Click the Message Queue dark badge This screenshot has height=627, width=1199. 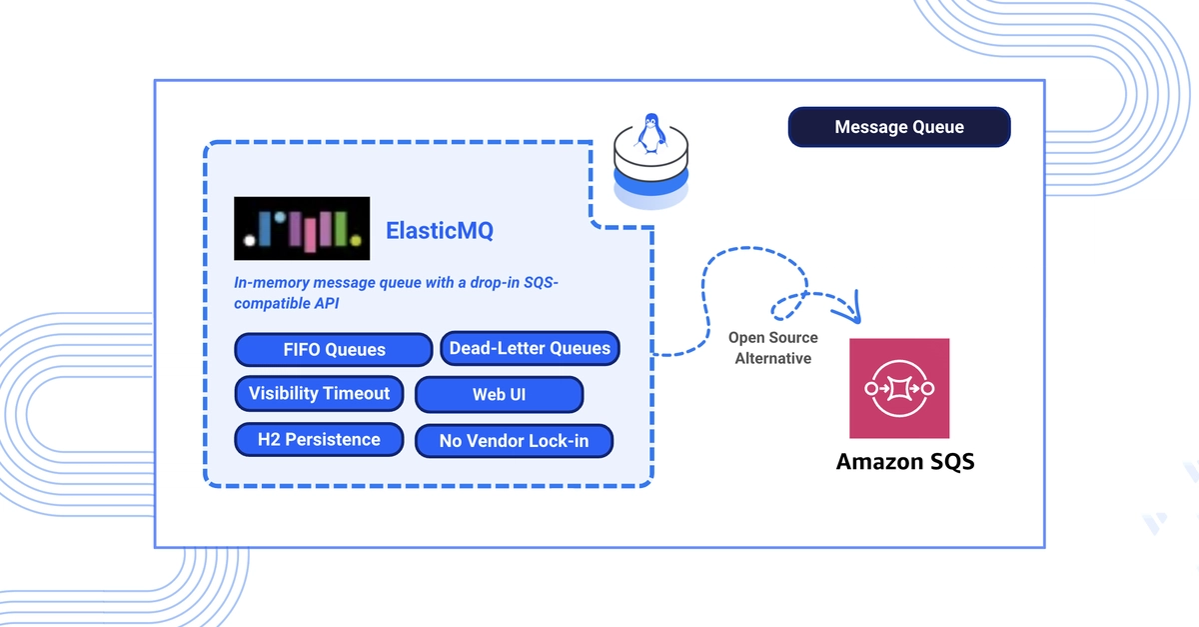pyautogui.click(x=899, y=127)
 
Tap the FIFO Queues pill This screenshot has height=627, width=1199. pyautogui.click(x=334, y=350)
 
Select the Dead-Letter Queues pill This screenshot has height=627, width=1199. pyautogui.click(x=530, y=348)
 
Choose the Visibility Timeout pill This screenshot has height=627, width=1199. pyautogui.click(x=319, y=393)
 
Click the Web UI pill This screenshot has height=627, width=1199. pyautogui.click(x=499, y=394)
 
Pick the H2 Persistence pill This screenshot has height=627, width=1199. pyautogui.click(x=319, y=439)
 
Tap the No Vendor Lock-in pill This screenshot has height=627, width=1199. pyautogui.click(x=514, y=441)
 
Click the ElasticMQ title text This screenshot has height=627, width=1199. pyautogui.click(x=440, y=230)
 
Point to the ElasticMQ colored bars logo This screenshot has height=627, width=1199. pyautogui.click(x=302, y=228)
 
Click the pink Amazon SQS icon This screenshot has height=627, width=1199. pyautogui.click(x=899, y=388)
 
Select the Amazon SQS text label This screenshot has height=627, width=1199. pyautogui.click(x=905, y=461)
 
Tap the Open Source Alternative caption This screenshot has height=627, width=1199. pyautogui.click(x=773, y=348)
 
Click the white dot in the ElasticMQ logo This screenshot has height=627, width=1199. pyautogui.click(x=250, y=241)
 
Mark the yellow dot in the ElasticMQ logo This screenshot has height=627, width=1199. pyautogui.click(x=356, y=241)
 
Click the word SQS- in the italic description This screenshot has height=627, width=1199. pyautogui.click(x=541, y=282)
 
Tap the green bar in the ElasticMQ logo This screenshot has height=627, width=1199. pyautogui.click(x=341, y=229)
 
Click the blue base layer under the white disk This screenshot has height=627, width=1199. pyautogui.click(x=650, y=184)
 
